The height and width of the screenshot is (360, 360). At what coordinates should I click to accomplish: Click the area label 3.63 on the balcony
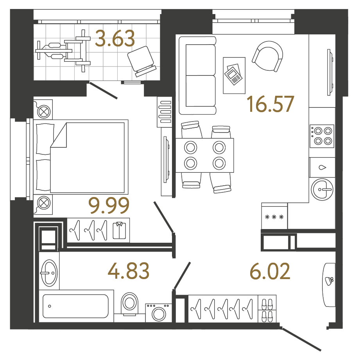(x=115, y=39)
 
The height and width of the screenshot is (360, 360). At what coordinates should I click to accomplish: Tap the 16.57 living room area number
(x=270, y=104)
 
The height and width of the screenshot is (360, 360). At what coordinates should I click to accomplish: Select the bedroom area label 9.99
(x=109, y=206)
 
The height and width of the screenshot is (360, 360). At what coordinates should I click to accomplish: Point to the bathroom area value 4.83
(x=129, y=271)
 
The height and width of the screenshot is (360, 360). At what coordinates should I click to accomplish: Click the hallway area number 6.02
(x=270, y=271)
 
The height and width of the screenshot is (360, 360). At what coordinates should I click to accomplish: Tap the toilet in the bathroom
(x=129, y=303)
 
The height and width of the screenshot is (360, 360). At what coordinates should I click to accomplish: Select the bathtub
(x=75, y=306)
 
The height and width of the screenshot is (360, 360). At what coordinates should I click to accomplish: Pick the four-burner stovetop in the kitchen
(x=322, y=136)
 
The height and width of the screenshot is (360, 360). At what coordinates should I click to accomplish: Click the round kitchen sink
(x=322, y=190)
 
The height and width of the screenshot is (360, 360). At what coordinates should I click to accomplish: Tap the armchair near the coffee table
(x=268, y=56)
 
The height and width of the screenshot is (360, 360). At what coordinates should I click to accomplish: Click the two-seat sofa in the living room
(x=197, y=75)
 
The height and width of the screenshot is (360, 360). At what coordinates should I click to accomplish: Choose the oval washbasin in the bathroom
(x=49, y=272)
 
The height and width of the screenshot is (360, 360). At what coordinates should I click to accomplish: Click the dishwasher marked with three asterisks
(x=274, y=217)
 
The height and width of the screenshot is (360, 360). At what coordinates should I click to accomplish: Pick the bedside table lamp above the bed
(x=44, y=111)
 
